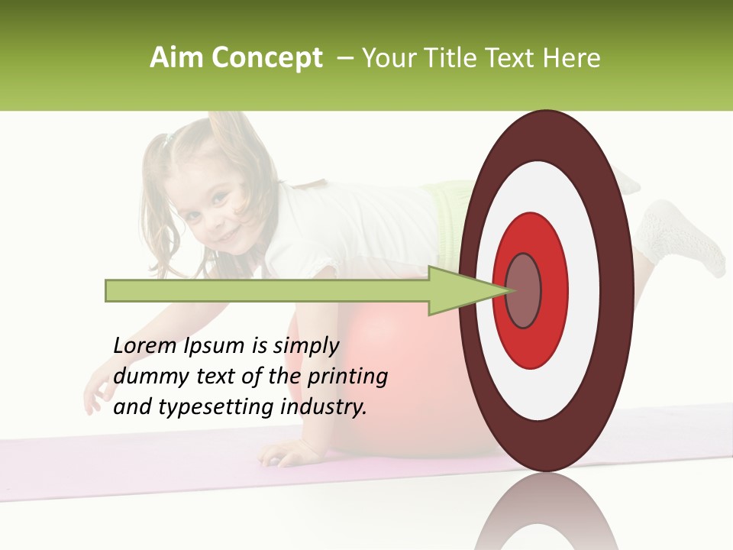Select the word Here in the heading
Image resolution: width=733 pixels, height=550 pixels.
tap(572, 58)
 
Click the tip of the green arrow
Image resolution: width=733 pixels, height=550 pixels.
tap(506, 290)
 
